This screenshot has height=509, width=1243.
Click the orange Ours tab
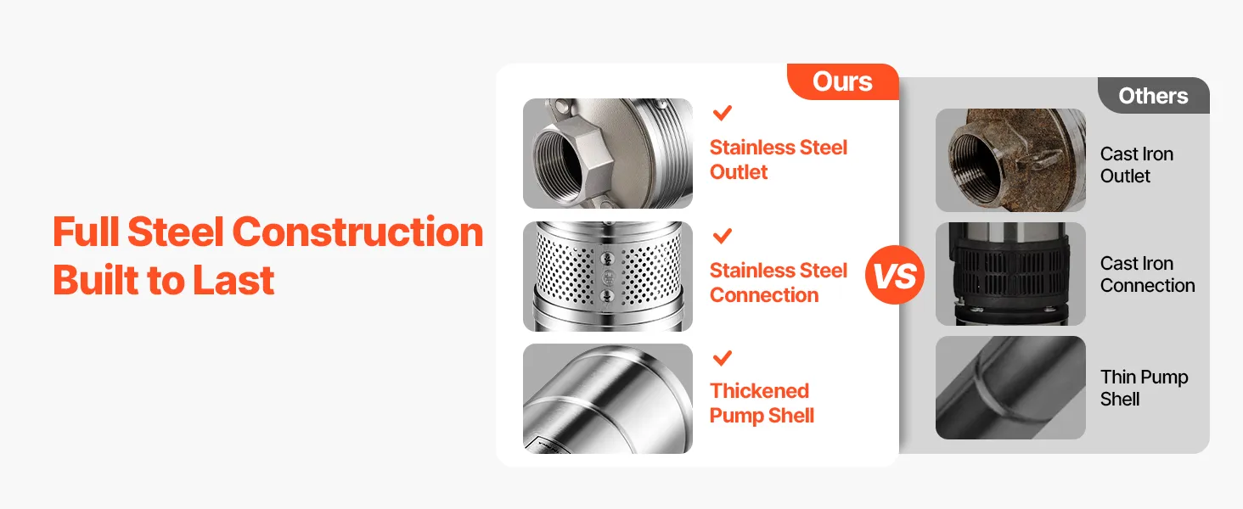coord(843,81)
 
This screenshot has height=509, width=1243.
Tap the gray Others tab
coord(1154,95)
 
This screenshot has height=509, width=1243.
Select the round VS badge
coord(895,275)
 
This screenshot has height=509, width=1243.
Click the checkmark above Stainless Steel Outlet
coord(722,113)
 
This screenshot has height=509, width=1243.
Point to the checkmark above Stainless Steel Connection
coord(722,236)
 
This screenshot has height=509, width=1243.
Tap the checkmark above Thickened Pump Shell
coord(722,358)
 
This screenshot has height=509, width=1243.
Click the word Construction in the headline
coord(358,232)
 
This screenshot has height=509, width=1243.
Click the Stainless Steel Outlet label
coord(779,159)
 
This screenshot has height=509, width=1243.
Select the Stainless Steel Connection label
coord(779,282)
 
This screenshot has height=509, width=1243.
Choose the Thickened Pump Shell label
coord(762,404)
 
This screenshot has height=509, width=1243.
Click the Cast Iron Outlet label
coord(1137,165)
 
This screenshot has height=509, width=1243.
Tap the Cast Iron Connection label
coord(1148,274)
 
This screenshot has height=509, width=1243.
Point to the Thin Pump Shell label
coord(1145,389)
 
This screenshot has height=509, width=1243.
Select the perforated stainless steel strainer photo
coord(608,276)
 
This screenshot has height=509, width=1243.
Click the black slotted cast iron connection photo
coord(1010,274)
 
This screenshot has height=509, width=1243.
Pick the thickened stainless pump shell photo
coord(608,399)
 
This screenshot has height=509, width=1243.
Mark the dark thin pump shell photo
coord(1010,388)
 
